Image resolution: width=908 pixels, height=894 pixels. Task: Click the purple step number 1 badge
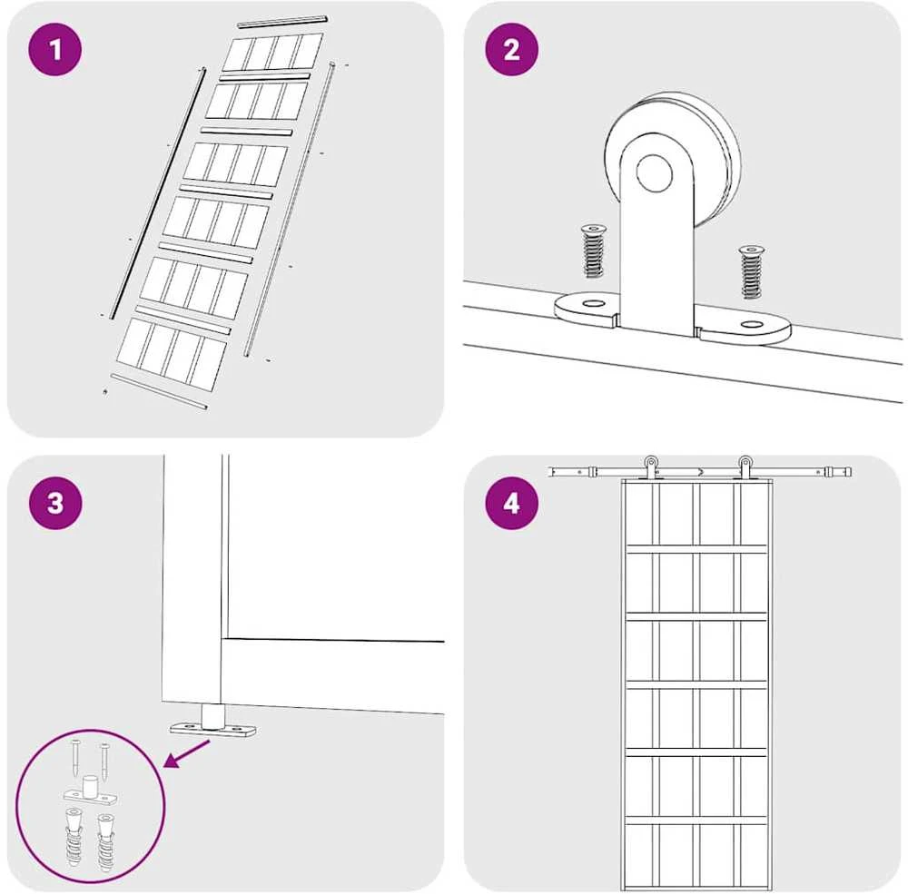[x=55, y=50]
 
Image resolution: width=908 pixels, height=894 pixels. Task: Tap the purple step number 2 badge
[x=511, y=50]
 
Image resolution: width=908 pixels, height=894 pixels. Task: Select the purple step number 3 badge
[x=55, y=503]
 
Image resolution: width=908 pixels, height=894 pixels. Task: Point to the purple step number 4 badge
[x=511, y=503]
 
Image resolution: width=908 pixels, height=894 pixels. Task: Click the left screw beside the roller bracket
[x=592, y=251]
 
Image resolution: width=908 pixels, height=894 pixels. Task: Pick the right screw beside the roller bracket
[x=752, y=271]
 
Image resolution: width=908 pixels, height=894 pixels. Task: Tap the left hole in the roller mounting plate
[x=592, y=303]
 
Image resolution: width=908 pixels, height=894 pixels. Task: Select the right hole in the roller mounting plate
[x=752, y=324]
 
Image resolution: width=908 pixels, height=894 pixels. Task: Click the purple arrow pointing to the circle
[x=187, y=753]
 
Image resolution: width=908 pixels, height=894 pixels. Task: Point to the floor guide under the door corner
[x=212, y=722]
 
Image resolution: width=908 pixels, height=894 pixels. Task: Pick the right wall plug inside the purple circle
[x=105, y=843]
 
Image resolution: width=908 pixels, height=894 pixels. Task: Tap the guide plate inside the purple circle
[x=90, y=792]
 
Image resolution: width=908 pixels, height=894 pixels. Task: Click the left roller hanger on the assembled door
[x=651, y=467]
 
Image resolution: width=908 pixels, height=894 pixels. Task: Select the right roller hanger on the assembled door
[x=745, y=467]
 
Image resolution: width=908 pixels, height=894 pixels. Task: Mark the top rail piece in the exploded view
[x=282, y=22]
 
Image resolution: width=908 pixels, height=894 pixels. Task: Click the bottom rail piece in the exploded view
[x=159, y=391]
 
